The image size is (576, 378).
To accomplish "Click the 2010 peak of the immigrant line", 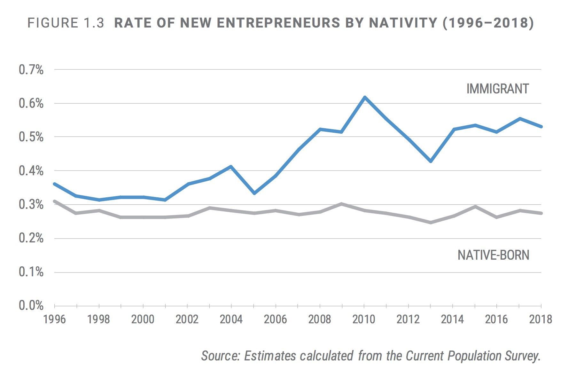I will (x=364, y=97).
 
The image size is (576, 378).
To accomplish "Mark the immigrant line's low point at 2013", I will (x=431, y=161).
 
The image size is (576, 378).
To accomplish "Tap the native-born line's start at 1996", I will (x=55, y=201).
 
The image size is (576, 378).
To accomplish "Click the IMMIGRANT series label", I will (x=497, y=89).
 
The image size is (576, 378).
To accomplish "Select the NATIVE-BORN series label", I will (x=493, y=255).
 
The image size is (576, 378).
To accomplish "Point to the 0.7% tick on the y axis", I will (x=31, y=70).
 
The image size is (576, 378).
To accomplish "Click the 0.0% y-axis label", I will (x=31, y=306).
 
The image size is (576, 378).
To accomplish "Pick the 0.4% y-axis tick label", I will (x=31, y=171).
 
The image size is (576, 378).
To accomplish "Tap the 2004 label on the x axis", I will (x=231, y=319).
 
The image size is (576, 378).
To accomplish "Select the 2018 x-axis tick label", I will (x=541, y=319).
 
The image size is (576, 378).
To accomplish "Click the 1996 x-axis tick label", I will (x=55, y=319).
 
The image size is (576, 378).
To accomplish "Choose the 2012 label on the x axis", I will (x=408, y=319).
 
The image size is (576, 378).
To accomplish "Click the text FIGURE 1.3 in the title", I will (x=66, y=23).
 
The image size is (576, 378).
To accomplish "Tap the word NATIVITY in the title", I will (x=403, y=23).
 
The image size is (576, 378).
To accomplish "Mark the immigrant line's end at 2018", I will (x=541, y=127).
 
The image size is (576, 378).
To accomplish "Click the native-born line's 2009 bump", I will (x=341, y=204).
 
